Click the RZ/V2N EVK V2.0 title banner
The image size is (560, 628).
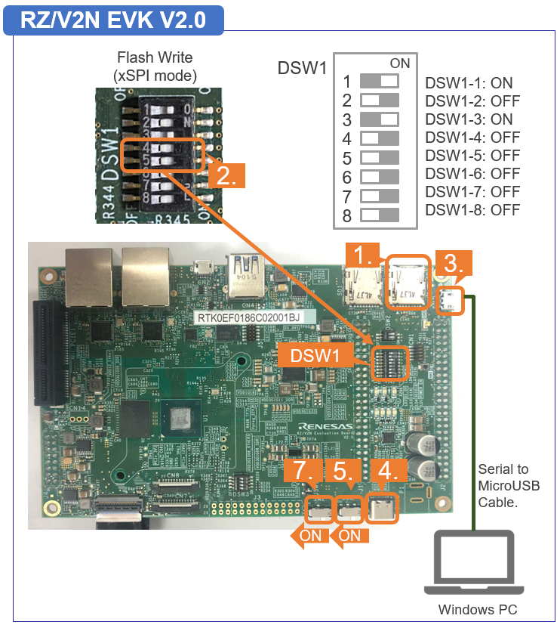(x=112, y=20)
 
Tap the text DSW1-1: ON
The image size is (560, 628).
(x=469, y=83)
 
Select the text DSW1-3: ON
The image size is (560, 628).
(x=469, y=119)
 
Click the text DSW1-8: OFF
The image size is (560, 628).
(x=472, y=210)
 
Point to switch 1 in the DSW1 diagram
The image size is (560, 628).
(x=380, y=81)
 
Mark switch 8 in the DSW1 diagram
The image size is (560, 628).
(x=380, y=215)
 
